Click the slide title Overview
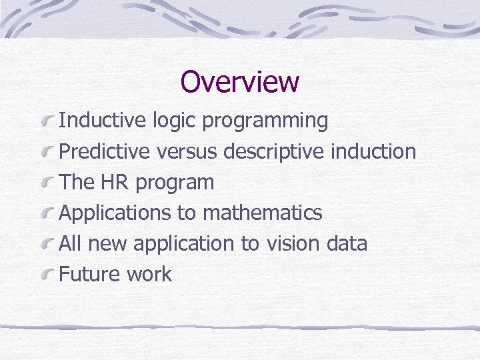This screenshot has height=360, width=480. pos(239,82)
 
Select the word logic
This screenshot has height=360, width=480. pos(174,121)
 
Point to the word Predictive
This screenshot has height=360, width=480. pos(105,151)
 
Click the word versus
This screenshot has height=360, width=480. pos(187,152)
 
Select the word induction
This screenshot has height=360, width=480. pos(373,151)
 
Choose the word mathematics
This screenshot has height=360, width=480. pos(262,213)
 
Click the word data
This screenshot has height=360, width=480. pos(347,243)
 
